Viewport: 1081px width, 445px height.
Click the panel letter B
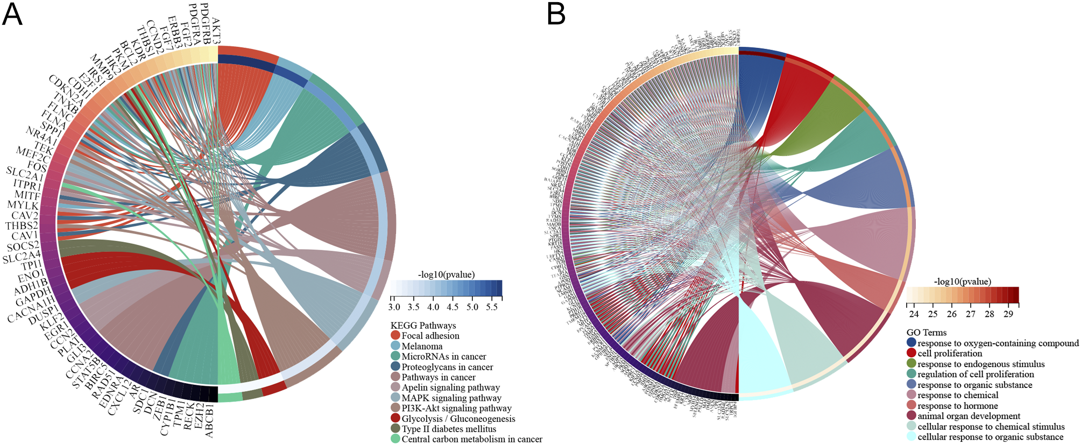(x=556, y=15)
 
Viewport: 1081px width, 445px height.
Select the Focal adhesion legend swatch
(x=395, y=336)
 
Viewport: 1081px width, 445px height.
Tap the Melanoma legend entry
(x=422, y=347)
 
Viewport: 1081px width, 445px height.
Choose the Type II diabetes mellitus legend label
(x=449, y=429)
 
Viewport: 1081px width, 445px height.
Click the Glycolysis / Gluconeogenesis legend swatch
(x=395, y=419)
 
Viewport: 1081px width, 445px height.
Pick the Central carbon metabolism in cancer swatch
(x=395, y=439)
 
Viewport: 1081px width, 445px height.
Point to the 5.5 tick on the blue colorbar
(x=492, y=307)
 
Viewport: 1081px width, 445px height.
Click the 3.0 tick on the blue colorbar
(x=394, y=307)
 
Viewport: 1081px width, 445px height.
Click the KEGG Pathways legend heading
(x=423, y=326)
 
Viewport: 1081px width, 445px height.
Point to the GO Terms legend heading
(x=926, y=333)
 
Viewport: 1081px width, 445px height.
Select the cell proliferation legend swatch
(x=911, y=353)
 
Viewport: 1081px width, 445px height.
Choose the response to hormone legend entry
(x=957, y=406)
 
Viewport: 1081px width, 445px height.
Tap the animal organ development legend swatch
(x=911, y=416)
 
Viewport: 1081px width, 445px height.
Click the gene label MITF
(x=27, y=195)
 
